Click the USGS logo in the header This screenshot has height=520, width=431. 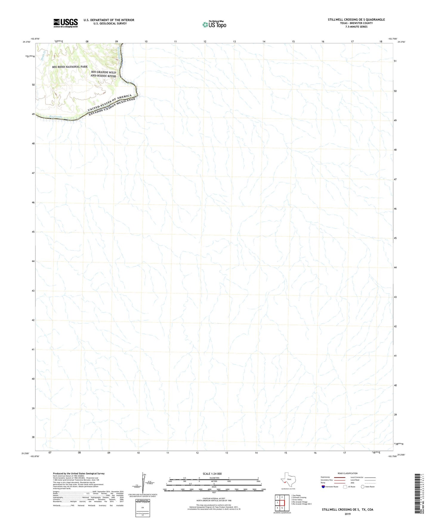[x=66, y=23]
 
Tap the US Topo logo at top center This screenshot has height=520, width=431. [x=214, y=24]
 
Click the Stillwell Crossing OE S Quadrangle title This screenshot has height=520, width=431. [x=356, y=20]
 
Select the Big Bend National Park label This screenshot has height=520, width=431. [x=70, y=67]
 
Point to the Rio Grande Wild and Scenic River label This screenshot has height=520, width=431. [x=103, y=74]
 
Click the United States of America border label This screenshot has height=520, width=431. [x=109, y=103]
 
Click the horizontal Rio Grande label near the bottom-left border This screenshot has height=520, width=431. [x=56, y=117]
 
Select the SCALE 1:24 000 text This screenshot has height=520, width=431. [x=212, y=474]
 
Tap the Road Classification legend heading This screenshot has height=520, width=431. [x=347, y=473]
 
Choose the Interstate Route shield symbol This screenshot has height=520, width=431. [x=323, y=487]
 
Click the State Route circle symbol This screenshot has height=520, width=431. [x=362, y=487]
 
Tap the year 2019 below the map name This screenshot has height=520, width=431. [x=347, y=514]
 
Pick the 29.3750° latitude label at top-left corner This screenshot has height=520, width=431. [x=27, y=42]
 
